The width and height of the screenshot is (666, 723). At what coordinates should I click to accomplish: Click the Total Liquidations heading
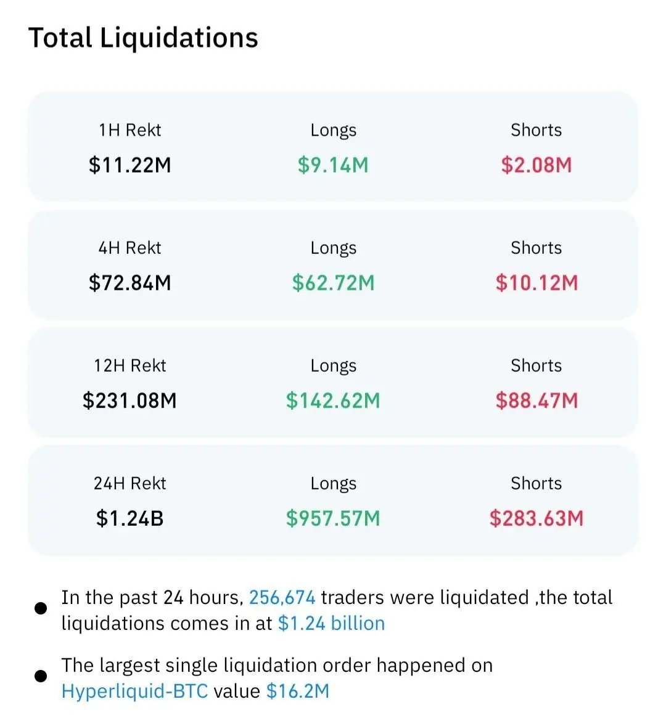143,38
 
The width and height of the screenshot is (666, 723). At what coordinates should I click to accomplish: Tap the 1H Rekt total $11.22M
130,165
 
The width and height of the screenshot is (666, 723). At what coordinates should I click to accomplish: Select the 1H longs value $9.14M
333,165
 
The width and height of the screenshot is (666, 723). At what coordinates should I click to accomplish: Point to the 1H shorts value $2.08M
536,165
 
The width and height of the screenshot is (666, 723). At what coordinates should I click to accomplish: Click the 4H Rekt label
130,248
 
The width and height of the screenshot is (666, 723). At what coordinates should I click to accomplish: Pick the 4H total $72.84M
130,283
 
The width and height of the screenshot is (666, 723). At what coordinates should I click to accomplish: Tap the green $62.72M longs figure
333,283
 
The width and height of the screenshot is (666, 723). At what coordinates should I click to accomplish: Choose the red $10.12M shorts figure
536,283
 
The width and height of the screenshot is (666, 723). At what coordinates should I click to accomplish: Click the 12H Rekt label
130,366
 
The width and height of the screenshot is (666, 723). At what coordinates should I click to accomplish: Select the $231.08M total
130,400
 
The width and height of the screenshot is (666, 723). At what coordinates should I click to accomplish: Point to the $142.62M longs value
333,400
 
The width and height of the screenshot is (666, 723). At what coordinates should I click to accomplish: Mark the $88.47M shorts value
536,400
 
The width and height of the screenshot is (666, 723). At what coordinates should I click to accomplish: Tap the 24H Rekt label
130,483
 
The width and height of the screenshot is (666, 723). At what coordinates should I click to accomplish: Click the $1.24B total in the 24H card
130,518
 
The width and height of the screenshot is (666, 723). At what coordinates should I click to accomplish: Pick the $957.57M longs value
333,518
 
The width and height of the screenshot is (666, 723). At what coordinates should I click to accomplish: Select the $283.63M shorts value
536,518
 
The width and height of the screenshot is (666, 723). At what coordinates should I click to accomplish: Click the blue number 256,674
282,598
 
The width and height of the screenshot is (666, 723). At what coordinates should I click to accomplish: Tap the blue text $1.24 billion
332,623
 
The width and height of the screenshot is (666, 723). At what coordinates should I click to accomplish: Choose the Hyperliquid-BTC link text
134,691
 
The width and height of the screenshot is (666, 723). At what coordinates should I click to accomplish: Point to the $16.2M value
298,691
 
